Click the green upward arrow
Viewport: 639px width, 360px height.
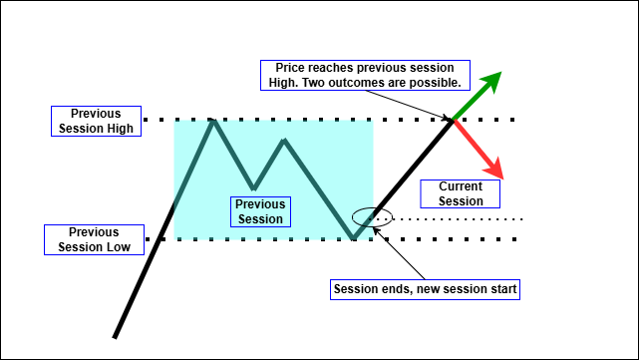tap(477, 98)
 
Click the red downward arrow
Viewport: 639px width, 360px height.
tap(479, 148)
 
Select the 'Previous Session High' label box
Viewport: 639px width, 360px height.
tap(96, 121)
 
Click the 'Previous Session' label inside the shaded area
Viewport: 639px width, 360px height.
tap(259, 211)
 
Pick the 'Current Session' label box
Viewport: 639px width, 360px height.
tap(460, 193)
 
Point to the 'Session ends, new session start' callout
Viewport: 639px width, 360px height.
tap(424, 289)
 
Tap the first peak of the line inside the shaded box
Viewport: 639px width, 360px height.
tap(212, 121)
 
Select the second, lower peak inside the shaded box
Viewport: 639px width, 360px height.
tap(285, 141)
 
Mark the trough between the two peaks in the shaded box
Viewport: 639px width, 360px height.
tap(254, 186)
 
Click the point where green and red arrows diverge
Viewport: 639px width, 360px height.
tap(454, 121)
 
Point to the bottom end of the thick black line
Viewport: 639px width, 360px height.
tap(116, 336)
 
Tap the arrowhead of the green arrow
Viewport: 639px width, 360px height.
tap(494, 79)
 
